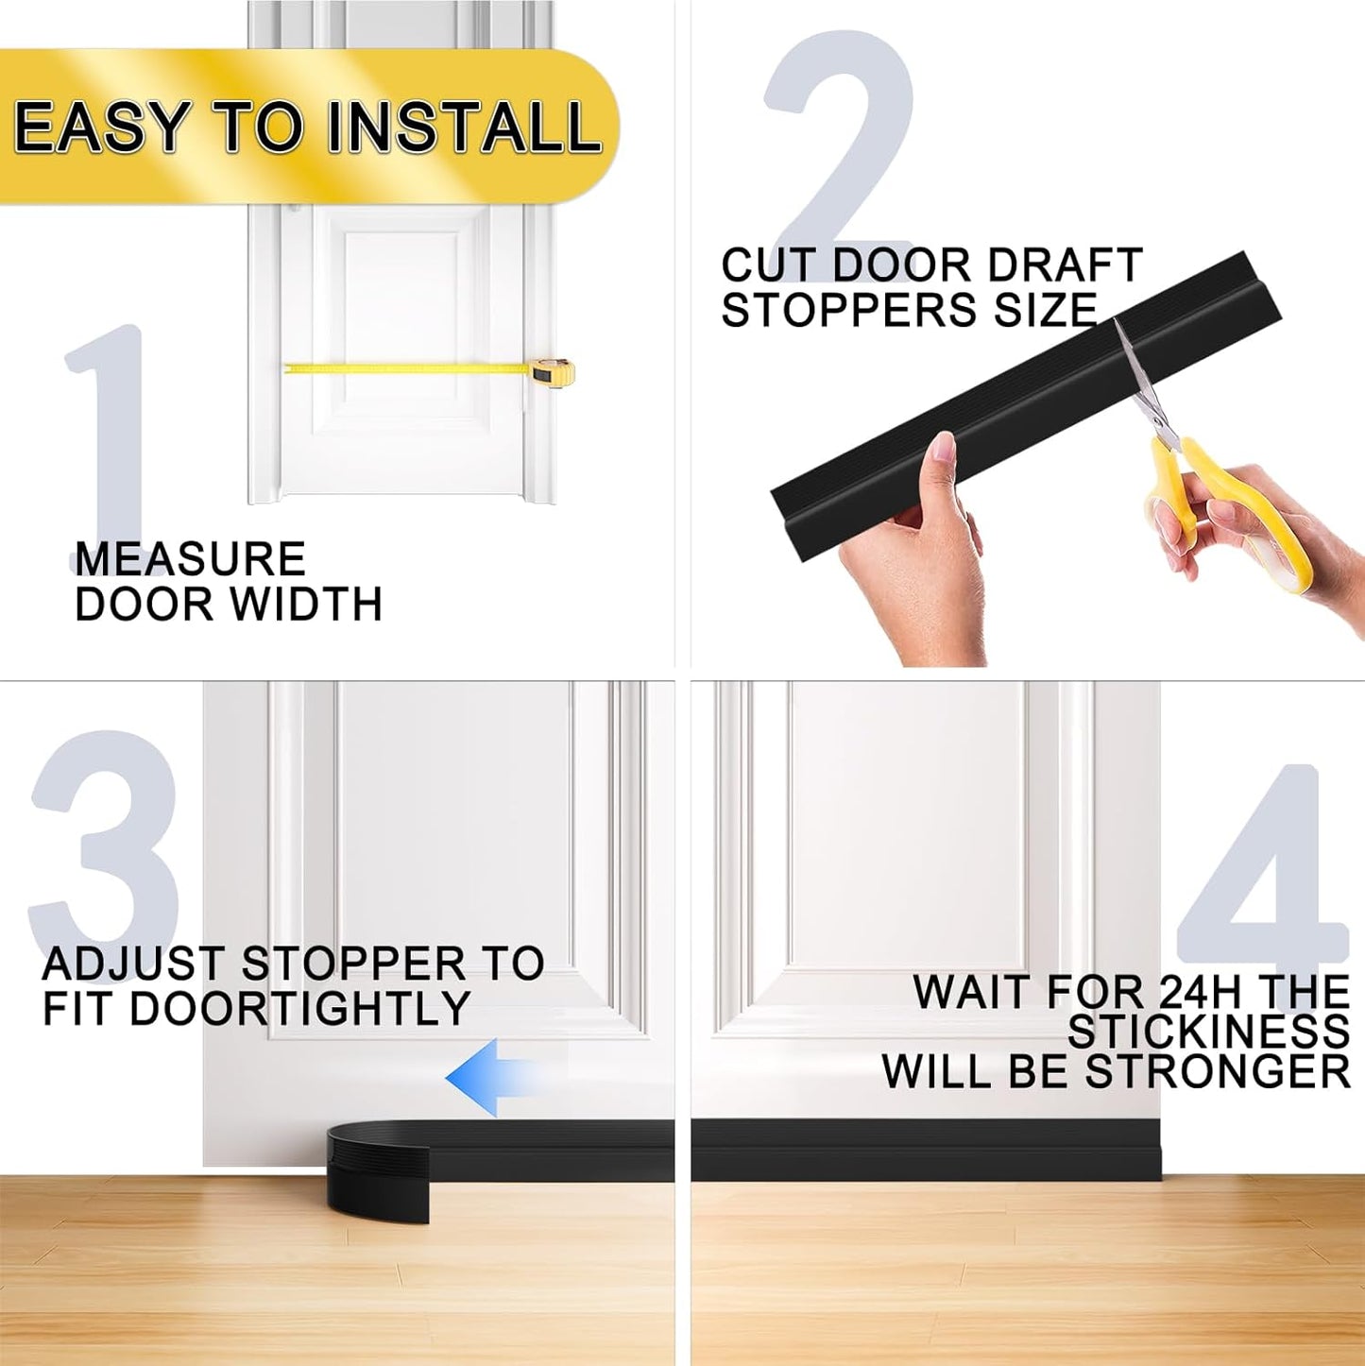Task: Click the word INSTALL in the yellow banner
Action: click(x=463, y=128)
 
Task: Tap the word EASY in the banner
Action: click(x=101, y=128)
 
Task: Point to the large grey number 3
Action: click(x=104, y=841)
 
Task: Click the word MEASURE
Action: click(x=190, y=559)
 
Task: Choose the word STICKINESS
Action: click(x=1209, y=1032)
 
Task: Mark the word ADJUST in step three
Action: click(x=132, y=965)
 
